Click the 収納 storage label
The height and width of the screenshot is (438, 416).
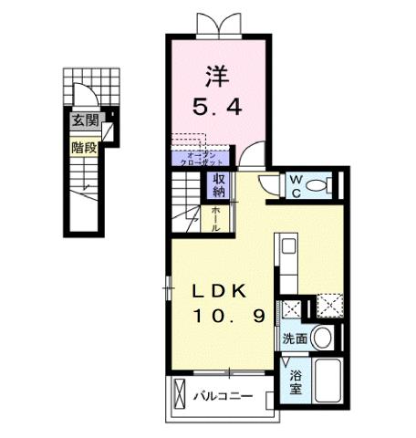[x=220, y=185]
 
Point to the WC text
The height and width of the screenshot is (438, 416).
[x=296, y=185]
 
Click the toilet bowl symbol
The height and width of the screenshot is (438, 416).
[x=316, y=186]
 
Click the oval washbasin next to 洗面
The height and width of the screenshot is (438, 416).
[x=320, y=337]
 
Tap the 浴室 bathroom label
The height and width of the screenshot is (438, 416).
[x=296, y=382]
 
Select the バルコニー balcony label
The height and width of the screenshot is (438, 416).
[x=224, y=397]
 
